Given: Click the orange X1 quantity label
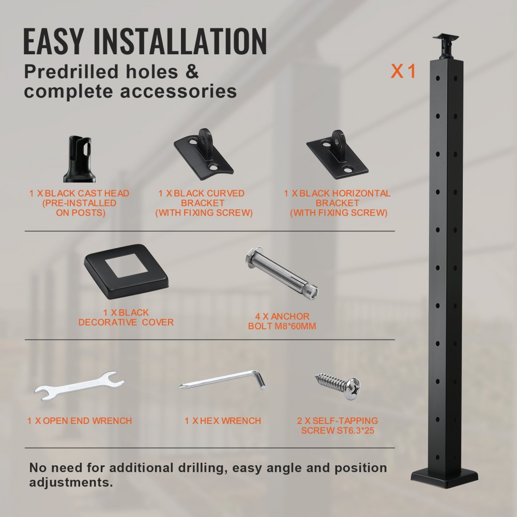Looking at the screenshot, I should tap(403, 71).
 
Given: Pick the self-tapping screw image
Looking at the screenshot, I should tap(338, 383).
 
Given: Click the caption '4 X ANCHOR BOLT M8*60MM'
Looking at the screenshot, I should tap(282, 321).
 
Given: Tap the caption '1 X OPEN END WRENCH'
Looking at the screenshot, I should tap(80, 421).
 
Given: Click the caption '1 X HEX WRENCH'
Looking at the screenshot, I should tap(223, 421).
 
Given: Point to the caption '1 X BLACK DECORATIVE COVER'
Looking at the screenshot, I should tap(126, 317).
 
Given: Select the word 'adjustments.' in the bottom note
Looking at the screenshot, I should tap(71, 483).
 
